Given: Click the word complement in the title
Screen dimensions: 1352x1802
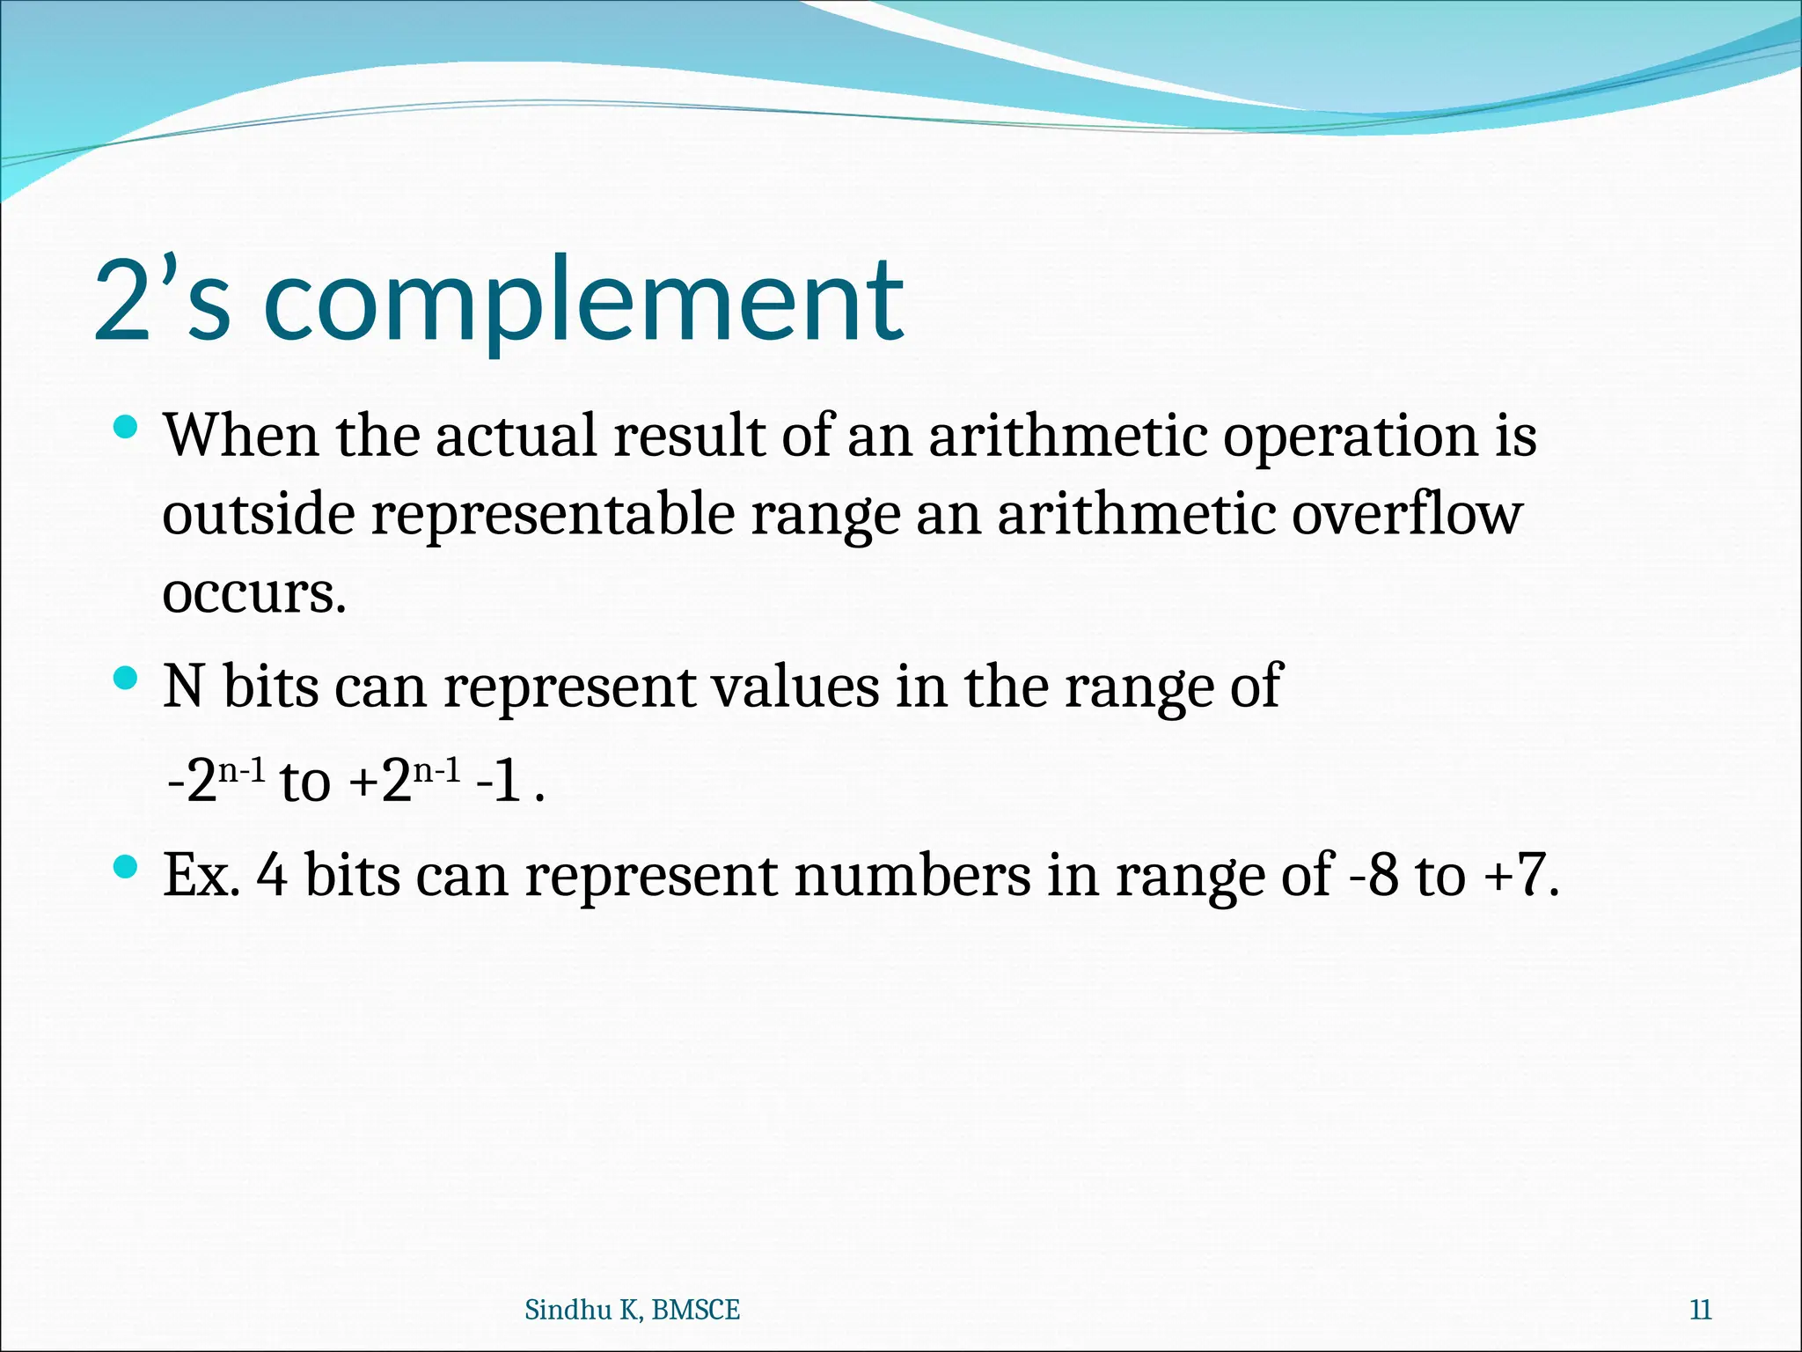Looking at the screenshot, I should point(583,301).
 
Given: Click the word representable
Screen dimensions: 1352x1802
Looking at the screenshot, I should point(553,516).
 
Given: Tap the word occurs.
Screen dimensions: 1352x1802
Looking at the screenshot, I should point(253,593).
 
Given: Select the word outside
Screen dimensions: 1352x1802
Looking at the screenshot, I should point(259,514).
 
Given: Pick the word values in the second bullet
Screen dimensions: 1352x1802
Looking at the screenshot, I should point(795,687).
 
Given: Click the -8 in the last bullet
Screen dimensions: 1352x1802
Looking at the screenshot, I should point(1373,876).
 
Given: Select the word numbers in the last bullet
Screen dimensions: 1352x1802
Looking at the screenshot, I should point(912,876).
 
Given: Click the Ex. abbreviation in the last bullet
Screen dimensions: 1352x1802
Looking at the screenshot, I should point(201,876).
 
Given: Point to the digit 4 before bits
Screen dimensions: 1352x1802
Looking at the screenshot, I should point(273,876).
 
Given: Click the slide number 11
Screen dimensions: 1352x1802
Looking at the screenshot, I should point(1701,1311).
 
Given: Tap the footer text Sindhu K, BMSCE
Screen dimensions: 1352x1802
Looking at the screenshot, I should point(632,1311).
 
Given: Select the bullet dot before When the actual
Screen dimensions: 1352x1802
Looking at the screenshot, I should point(127,428).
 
